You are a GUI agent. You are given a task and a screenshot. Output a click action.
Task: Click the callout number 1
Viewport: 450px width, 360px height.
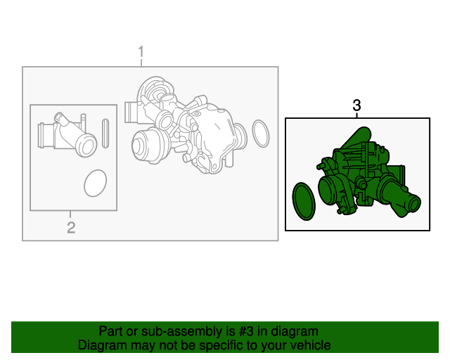coord(141,52)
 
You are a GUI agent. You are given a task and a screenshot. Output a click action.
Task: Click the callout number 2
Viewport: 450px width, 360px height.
coord(71,227)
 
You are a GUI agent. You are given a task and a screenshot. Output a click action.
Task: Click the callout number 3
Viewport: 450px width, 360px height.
coord(356,105)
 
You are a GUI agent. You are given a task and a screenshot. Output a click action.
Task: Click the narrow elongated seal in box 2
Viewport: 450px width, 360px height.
coord(105,133)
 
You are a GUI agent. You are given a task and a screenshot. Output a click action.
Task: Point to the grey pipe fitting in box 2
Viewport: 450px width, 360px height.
coord(67,135)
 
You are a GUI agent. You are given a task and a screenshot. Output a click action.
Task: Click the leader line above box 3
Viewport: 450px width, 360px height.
coord(356,115)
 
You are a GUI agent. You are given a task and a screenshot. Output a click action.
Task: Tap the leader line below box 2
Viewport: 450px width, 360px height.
coord(70,214)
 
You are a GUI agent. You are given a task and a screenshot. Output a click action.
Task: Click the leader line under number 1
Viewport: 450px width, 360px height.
coord(141,63)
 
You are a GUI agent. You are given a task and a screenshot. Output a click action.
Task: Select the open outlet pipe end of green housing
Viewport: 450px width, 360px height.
coord(414,203)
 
